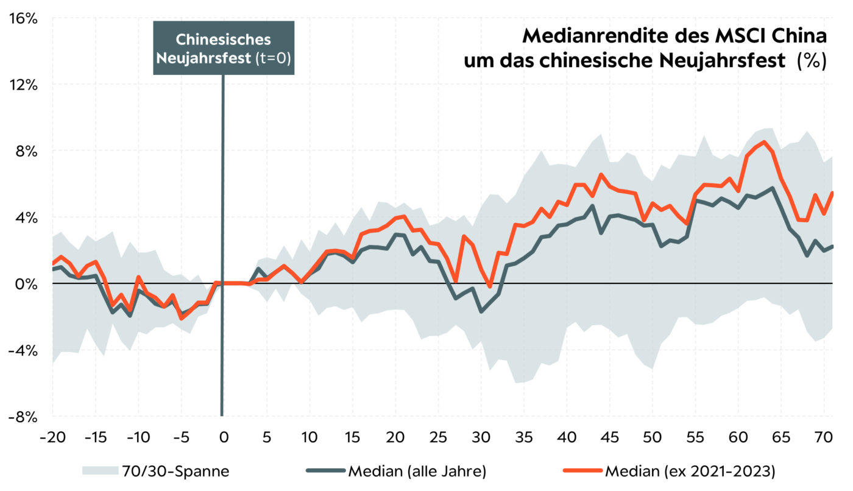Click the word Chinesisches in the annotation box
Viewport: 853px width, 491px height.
(x=223, y=39)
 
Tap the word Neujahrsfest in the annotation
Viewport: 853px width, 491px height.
(x=204, y=58)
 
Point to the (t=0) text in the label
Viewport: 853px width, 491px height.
(x=272, y=58)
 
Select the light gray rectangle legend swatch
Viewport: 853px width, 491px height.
(x=101, y=470)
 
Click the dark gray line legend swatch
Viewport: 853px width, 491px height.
(x=325, y=470)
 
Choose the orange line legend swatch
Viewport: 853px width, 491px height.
(x=582, y=470)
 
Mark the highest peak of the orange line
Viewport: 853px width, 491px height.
(x=764, y=142)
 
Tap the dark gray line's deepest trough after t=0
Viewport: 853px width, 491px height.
(x=481, y=311)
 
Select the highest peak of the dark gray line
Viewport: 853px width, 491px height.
(x=773, y=188)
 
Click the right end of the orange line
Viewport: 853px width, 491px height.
(x=832, y=193)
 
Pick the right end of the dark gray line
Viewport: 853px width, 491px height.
(x=832, y=245)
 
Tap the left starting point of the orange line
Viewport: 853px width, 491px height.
(x=53, y=263)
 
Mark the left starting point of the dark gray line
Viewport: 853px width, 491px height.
(x=53, y=269)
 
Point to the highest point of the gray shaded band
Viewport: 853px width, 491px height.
(x=769, y=128)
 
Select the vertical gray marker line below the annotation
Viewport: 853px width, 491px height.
(x=222, y=244)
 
